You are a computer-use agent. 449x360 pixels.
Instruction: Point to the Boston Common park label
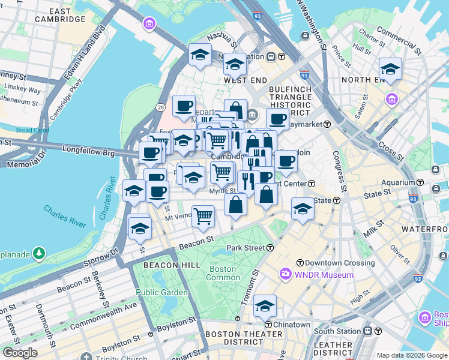[222, 274]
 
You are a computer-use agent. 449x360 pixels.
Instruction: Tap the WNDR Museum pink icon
[286, 275]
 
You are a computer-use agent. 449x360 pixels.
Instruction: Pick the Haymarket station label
[309, 124]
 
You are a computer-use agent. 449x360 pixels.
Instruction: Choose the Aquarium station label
[400, 182]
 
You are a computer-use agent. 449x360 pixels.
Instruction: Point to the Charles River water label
[65, 215]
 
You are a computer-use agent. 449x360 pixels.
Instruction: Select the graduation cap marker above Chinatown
[265, 306]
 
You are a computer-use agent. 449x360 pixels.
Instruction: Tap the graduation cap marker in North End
[390, 68]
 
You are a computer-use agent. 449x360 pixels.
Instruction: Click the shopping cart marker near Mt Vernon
[203, 215]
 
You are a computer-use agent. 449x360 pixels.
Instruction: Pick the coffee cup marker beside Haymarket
[278, 119]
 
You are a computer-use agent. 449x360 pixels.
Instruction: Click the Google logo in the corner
[20, 353]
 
